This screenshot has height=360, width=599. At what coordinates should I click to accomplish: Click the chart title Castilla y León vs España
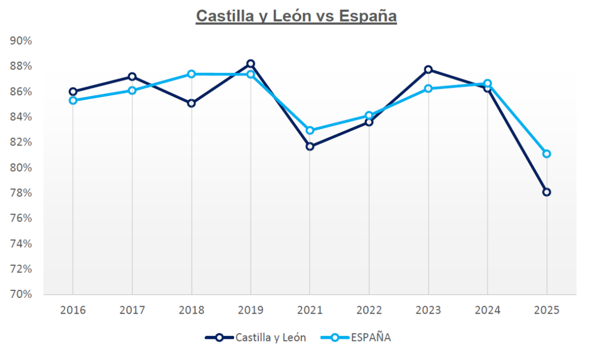pos(296,16)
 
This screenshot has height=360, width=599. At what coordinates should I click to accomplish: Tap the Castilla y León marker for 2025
pos(547,192)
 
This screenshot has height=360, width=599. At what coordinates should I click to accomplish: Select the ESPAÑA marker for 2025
pos(547,154)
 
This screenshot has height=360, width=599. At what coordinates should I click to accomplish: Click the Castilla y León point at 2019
pos(250,64)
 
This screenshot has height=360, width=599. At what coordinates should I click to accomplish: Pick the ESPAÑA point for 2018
pos(192,74)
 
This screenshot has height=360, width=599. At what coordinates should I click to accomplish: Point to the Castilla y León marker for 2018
pos(192,103)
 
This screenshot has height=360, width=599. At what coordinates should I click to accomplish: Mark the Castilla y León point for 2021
pos(310,147)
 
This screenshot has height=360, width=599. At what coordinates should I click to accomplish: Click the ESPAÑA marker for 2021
pos(310,130)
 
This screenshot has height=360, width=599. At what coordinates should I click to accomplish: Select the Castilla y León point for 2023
pos(429,69)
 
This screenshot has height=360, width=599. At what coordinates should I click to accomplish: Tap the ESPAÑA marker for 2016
pos(73,100)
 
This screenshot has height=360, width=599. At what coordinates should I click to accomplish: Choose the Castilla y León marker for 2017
pos(132,76)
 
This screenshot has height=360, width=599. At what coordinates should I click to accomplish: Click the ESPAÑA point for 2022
pos(369,115)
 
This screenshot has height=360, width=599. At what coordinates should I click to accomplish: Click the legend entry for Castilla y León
pos(255,338)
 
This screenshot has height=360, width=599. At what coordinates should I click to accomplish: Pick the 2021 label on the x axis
pos(310,310)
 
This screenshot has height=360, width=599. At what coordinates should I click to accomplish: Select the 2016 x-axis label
pos(73,310)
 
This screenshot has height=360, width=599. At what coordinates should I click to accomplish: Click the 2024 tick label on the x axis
pos(487,310)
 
